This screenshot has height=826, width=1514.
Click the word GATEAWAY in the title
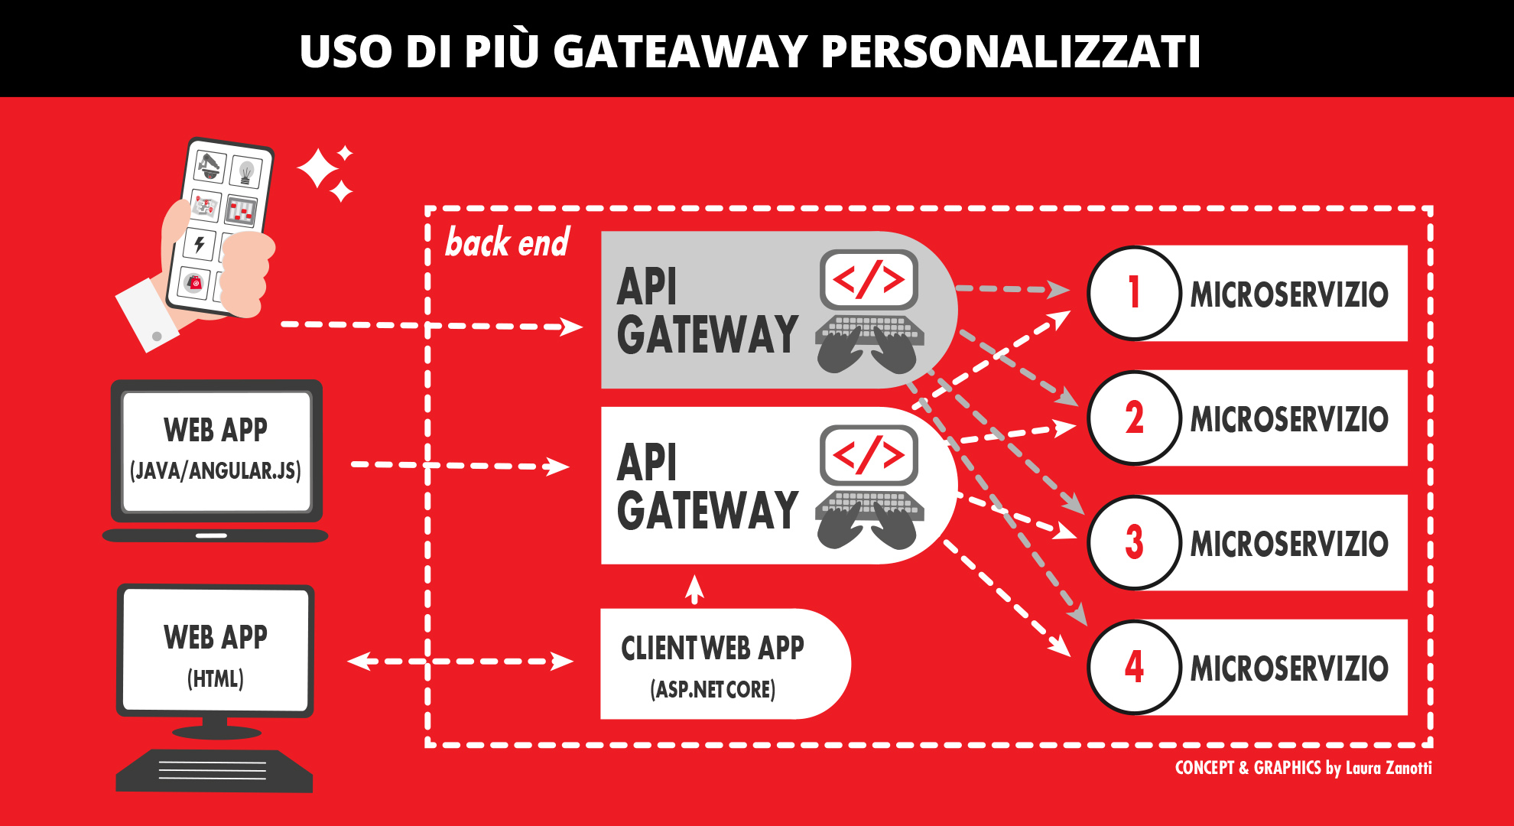tap(680, 51)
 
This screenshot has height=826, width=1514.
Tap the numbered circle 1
tap(1134, 293)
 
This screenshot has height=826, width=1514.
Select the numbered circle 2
tap(1134, 418)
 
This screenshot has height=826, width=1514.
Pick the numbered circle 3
tap(1134, 542)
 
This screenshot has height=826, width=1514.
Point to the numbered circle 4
tap(1134, 667)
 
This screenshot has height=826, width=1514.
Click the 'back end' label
tap(508, 242)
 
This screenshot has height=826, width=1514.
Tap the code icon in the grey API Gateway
tap(869, 279)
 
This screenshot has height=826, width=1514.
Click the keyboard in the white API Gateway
tap(869, 506)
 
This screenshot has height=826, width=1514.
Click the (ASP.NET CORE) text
tap(713, 689)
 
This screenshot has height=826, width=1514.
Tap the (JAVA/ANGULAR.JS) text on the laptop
tap(216, 470)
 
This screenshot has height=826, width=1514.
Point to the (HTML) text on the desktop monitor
tap(216, 678)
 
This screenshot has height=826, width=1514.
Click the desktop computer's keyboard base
tap(214, 771)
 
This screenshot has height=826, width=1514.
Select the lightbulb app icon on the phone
tap(246, 171)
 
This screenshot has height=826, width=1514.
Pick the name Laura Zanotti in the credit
tap(1389, 768)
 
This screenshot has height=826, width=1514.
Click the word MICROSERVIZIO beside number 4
tap(1289, 668)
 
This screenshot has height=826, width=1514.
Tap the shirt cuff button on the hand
tap(157, 336)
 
